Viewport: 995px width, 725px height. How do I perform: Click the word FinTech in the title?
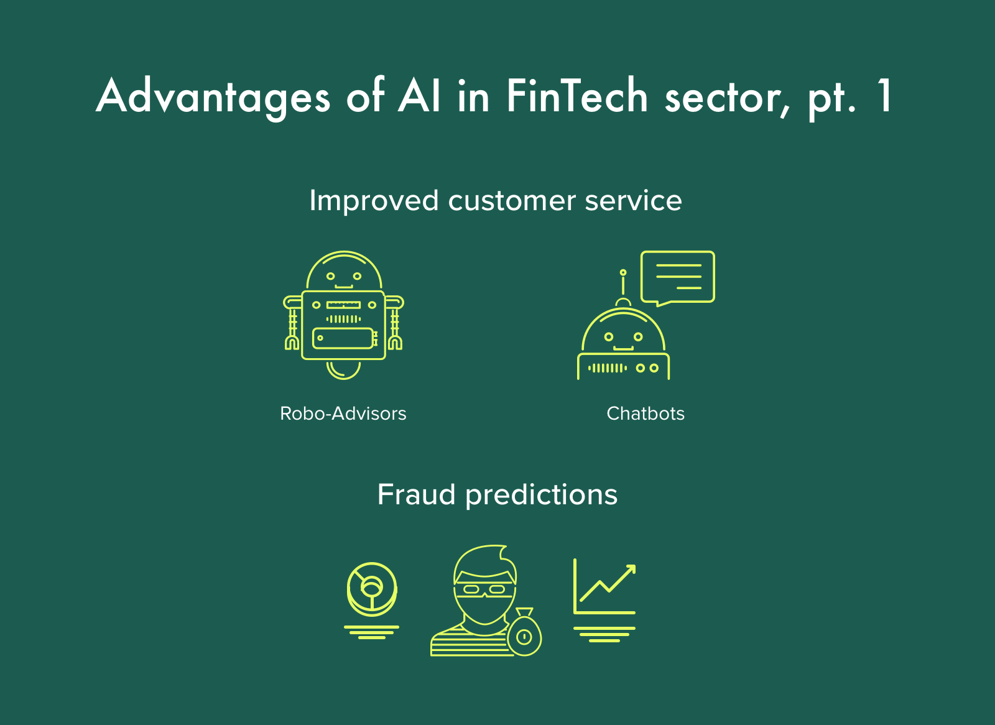click(576, 96)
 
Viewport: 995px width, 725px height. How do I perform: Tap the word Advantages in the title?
click(213, 98)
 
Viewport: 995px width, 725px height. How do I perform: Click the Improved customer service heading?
click(496, 201)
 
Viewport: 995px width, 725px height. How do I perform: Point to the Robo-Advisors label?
click(343, 413)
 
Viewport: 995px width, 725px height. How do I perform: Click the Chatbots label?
click(646, 413)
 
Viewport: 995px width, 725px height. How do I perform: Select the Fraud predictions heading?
click(497, 495)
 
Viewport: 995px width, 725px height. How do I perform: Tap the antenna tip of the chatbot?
click(623, 272)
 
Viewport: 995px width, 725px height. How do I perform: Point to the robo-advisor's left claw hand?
click(292, 343)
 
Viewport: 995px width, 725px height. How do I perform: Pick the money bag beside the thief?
click(525, 632)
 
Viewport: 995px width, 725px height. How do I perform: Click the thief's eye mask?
click(484, 589)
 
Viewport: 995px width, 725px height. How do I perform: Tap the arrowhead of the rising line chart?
click(631, 570)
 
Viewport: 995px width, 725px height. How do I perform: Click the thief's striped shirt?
click(469, 642)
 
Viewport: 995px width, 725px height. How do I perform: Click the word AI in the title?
click(419, 95)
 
